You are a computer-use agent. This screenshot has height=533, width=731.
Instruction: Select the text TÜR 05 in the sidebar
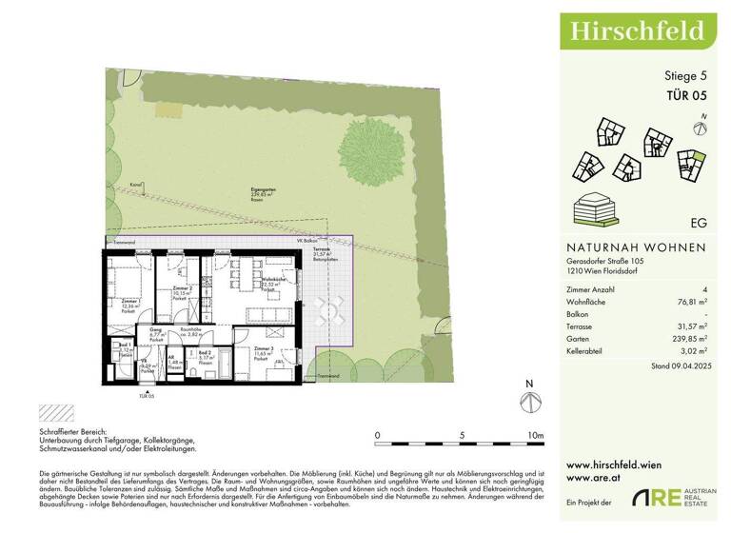686,94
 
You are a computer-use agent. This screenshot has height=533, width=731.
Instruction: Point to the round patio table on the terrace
326,306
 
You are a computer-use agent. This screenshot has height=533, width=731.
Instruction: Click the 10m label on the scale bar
535,436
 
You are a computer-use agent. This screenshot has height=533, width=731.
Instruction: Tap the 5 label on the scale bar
462,436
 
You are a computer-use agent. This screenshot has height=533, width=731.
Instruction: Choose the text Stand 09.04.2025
680,365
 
